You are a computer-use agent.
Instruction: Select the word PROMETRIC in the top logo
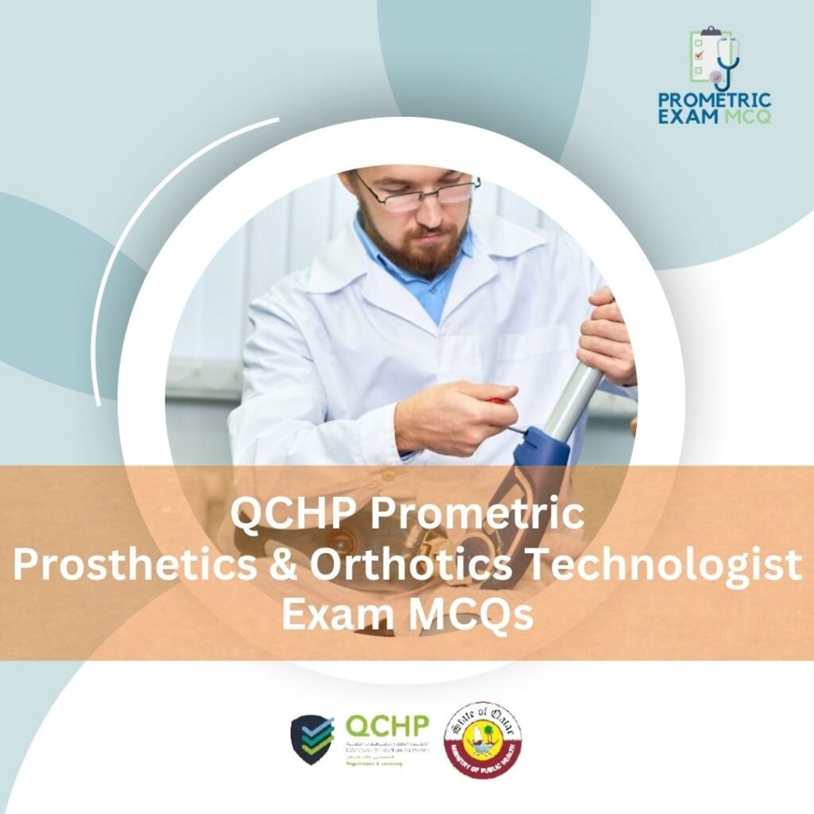[714, 100]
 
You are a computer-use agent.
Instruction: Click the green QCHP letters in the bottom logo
[387, 725]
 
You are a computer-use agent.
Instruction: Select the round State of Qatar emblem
[483, 739]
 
